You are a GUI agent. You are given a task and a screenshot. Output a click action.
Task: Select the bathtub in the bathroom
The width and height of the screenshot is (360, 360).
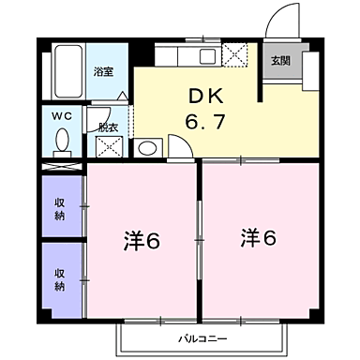point(66,70)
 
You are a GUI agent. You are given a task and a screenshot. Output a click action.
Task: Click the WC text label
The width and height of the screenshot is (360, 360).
point(60,116)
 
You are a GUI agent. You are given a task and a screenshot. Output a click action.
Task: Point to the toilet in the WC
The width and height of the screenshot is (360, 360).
point(62,140)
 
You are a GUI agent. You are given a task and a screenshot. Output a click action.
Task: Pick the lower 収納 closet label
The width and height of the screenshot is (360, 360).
point(60,279)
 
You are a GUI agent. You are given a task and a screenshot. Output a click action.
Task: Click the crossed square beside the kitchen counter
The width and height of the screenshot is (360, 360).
point(235,54)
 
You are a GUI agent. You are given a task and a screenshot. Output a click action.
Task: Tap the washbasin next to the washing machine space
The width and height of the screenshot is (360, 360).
point(146,148)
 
